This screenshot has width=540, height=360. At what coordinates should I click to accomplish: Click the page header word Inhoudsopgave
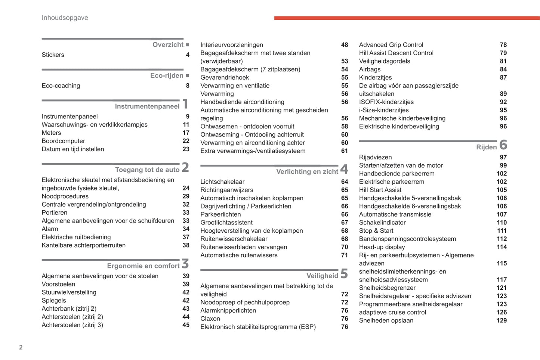(65, 18)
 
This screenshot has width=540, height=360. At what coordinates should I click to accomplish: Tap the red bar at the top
(407, 18)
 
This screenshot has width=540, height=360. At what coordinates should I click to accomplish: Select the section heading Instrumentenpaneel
(147, 106)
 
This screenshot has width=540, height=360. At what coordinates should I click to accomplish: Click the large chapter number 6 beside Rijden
(503, 145)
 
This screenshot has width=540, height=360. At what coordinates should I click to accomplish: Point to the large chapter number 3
(185, 264)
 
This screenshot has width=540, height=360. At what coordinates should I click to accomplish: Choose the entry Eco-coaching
(61, 86)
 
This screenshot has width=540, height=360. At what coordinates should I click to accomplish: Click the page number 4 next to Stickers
(188, 55)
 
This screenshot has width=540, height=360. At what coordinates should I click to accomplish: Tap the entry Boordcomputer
(63, 141)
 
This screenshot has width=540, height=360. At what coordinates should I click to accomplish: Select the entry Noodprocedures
(65, 196)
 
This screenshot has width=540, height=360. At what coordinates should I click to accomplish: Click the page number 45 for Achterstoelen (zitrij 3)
(186, 325)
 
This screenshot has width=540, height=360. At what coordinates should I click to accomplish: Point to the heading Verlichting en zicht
(307, 172)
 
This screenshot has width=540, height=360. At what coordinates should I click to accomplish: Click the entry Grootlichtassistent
(226, 223)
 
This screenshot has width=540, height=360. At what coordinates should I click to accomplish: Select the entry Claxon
(210, 319)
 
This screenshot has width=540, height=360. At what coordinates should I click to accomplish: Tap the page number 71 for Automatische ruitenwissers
(344, 255)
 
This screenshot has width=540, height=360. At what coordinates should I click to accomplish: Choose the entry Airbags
(370, 69)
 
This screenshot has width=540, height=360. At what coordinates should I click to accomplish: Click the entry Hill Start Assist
(380, 190)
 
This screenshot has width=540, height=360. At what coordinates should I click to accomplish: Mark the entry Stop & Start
(376, 231)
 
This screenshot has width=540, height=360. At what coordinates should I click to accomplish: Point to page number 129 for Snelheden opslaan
(501, 320)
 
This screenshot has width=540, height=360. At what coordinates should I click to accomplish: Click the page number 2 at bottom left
(21, 347)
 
